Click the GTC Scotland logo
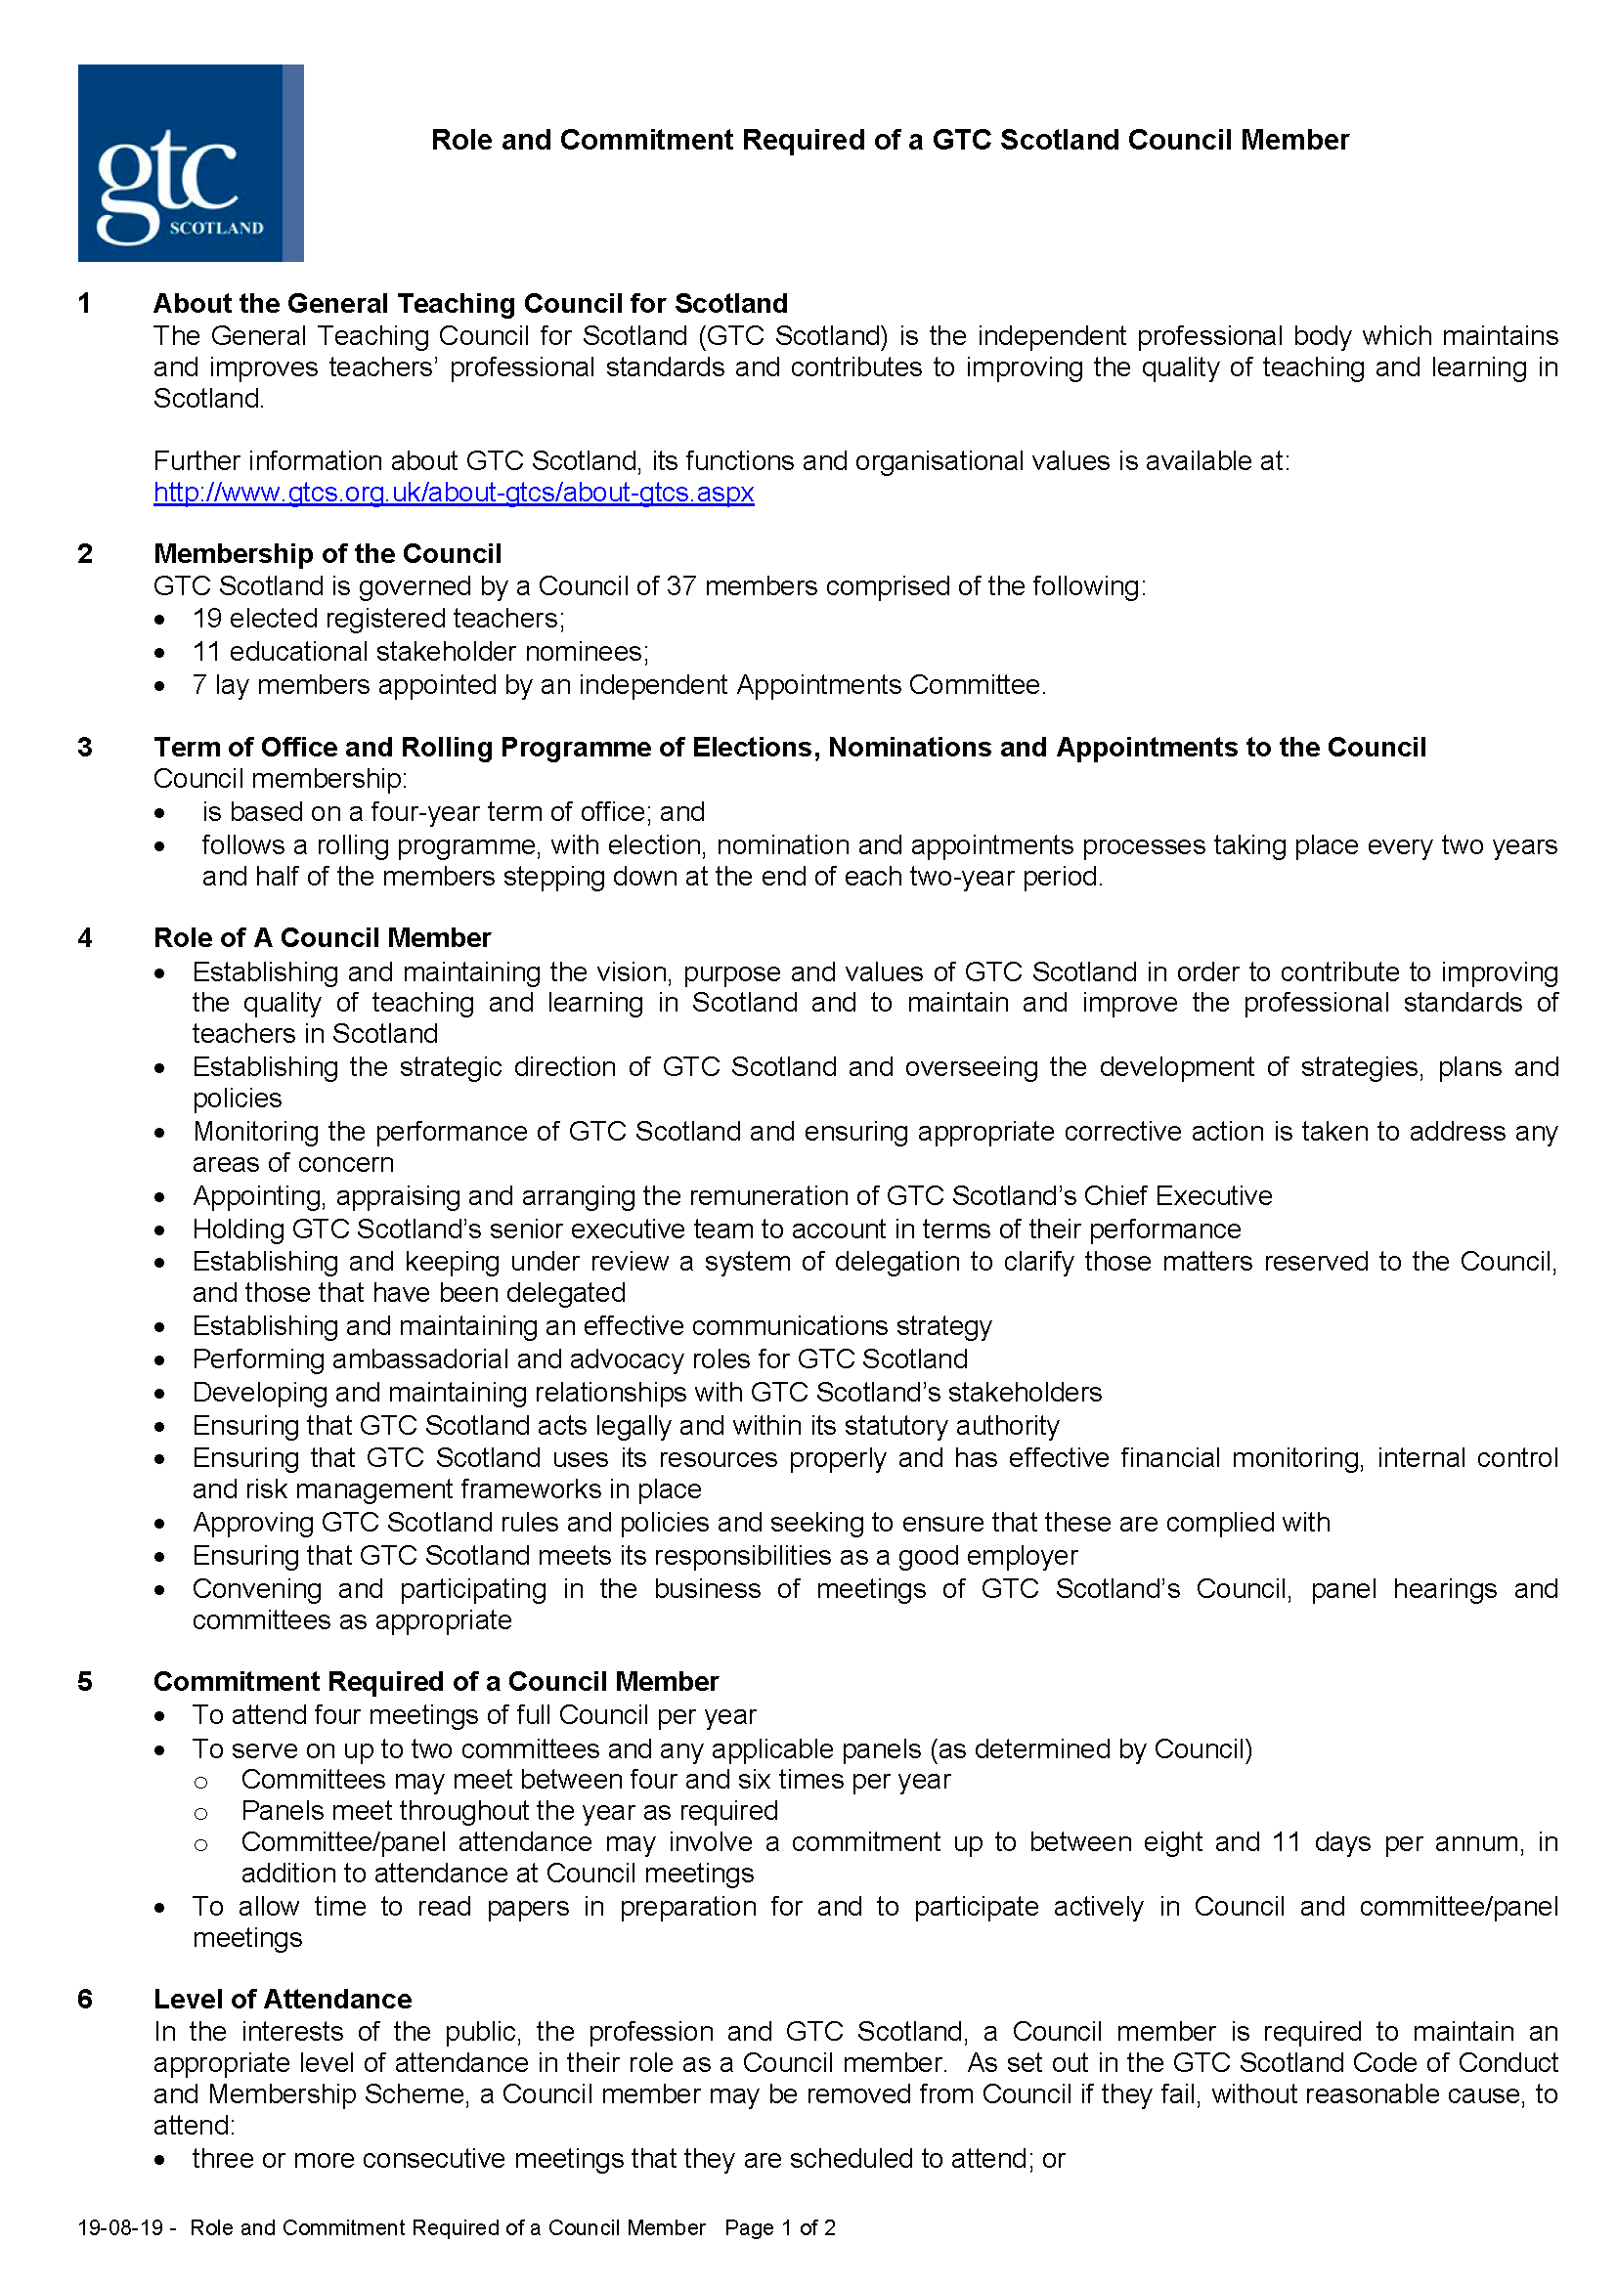[x=191, y=163]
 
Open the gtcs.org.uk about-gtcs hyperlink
[x=453, y=493]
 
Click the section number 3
[x=85, y=748]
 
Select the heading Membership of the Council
[x=327, y=553]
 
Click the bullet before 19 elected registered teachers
[x=159, y=621]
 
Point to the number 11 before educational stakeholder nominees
[x=206, y=652]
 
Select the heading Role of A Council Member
[x=322, y=938]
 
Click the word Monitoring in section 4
[x=256, y=1132]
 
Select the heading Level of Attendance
[x=282, y=2000]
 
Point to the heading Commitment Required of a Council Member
[x=435, y=1682]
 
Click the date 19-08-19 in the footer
[x=119, y=2227]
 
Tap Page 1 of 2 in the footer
[x=779, y=2227]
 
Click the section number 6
[x=85, y=2000]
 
